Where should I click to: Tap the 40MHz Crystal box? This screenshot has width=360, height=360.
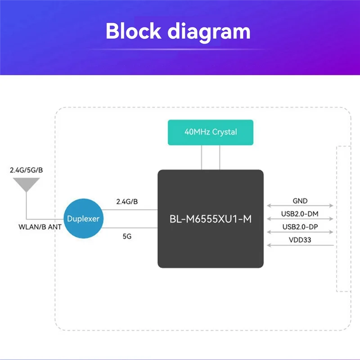click(211, 132)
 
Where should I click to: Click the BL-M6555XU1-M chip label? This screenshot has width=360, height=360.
click(210, 219)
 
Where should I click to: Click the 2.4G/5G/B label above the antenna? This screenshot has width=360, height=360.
click(26, 170)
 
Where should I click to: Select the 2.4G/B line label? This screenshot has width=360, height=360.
click(127, 202)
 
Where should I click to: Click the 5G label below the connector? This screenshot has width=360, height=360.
click(127, 236)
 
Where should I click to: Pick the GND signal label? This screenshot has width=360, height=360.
click(300, 202)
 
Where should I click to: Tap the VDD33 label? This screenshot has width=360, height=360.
click(300, 240)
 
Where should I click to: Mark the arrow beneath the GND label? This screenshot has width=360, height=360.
click(300, 207)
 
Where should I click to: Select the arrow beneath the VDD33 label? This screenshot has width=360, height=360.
click(300, 246)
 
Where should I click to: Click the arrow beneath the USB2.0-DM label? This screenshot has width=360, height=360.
click(300, 219)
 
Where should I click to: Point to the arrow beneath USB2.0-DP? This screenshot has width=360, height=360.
click(300, 232)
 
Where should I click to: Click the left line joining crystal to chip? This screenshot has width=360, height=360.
click(202, 157)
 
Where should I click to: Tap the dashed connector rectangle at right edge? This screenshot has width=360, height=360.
click(343, 218)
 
